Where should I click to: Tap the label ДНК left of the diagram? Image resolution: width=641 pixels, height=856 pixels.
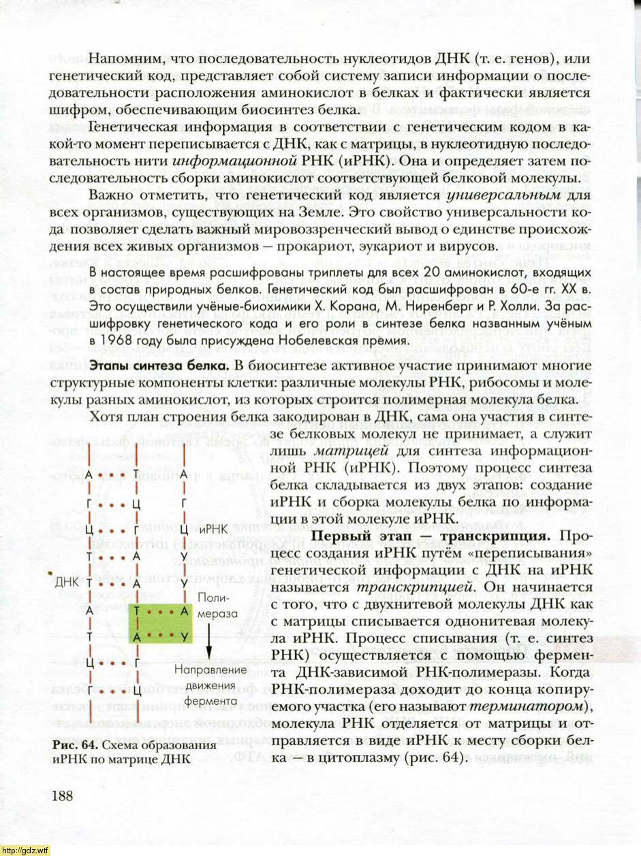point(68,584)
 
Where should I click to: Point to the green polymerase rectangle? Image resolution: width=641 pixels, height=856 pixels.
point(159,622)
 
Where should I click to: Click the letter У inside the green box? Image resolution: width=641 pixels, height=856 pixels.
point(184,636)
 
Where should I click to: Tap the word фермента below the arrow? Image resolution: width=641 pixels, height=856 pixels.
point(208,699)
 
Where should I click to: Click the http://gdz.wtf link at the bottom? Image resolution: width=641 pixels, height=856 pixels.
point(25,850)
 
